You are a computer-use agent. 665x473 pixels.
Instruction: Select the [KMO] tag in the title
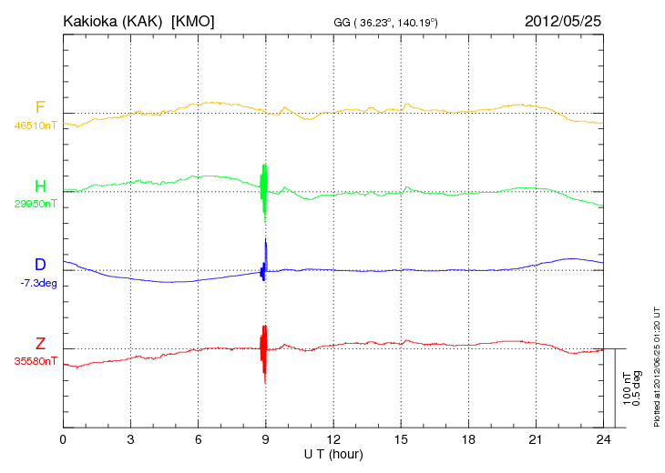193,21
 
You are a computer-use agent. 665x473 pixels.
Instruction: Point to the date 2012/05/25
564,21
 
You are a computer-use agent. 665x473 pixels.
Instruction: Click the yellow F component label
40,107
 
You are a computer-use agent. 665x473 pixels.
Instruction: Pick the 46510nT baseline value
36,126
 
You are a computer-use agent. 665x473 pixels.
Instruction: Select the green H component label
40,186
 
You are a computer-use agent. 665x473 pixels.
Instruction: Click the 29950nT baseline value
36,204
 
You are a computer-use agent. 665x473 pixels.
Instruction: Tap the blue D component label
40,265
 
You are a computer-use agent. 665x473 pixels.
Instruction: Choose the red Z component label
40,343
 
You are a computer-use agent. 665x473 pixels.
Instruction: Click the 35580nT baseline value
36,361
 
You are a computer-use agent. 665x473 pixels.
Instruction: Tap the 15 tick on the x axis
401,439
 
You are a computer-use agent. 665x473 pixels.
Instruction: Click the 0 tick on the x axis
63,439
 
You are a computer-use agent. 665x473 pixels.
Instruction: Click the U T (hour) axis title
333,454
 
